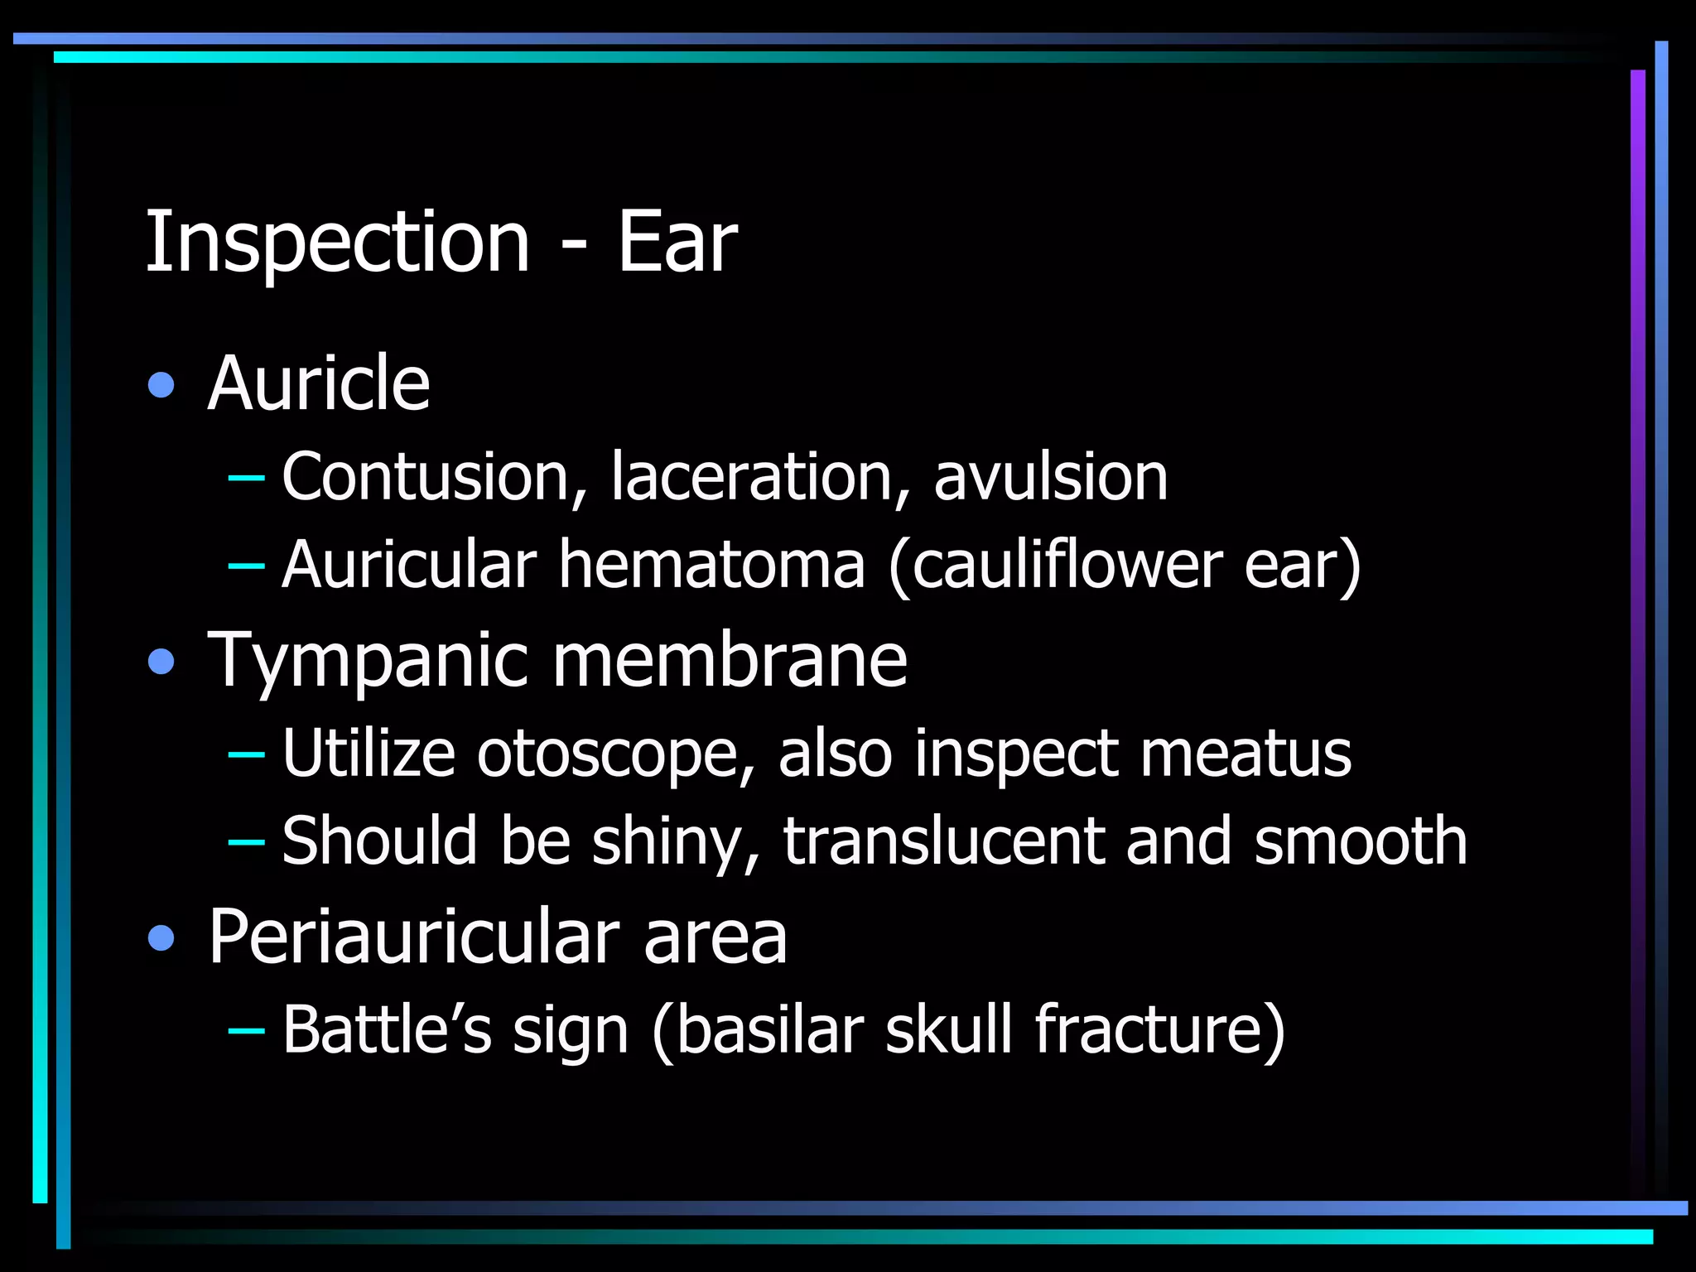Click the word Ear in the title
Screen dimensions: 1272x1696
click(677, 242)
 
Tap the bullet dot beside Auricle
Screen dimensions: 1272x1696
click(161, 385)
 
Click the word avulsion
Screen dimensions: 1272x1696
click(1050, 477)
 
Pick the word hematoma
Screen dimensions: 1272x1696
click(711, 565)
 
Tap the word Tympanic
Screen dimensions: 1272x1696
click(368, 660)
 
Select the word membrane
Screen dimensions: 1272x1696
click(730, 660)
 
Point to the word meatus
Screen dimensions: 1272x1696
click(1245, 754)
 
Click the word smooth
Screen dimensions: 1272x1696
click(1360, 841)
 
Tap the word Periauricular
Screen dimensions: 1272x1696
click(414, 937)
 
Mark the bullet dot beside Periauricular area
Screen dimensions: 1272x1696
click(161, 938)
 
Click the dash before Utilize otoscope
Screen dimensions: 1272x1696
click(246, 754)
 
